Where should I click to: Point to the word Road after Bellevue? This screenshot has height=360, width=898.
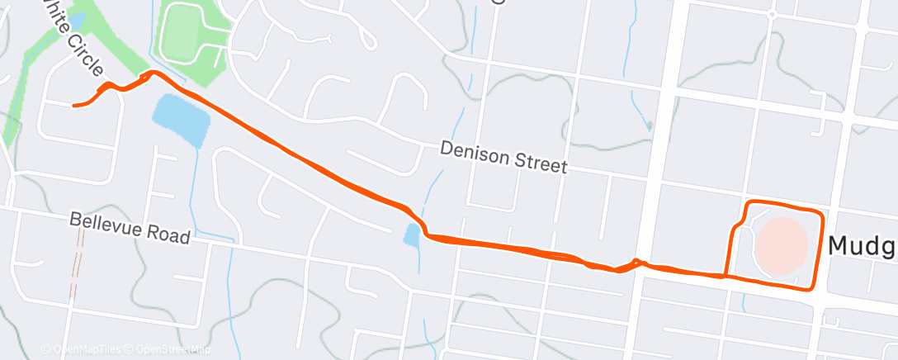tap(168, 236)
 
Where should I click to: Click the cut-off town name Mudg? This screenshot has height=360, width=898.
tap(862, 246)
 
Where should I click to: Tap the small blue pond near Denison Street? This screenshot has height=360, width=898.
tap(412, 235)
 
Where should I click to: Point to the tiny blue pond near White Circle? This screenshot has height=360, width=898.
tap(77, 19)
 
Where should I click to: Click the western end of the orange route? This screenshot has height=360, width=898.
tap(74, 106)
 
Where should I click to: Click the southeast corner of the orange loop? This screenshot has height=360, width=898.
tap(812, 287)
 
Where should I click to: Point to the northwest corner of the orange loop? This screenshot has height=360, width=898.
tap(749, 203)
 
